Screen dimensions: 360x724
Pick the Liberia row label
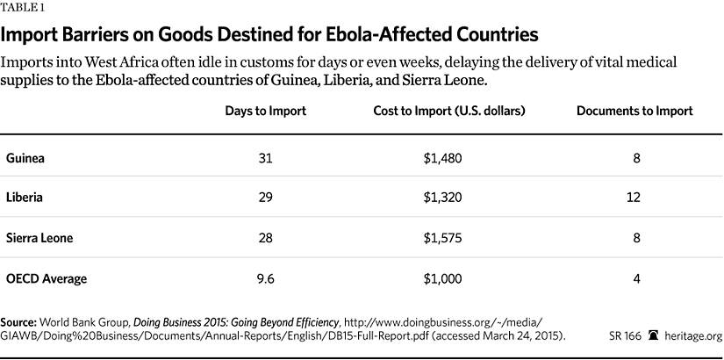[25, 198]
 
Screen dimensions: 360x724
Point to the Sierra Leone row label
[40, 239]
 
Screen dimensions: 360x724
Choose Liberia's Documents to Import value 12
[634, 198]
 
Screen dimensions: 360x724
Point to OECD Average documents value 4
[634, 278]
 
